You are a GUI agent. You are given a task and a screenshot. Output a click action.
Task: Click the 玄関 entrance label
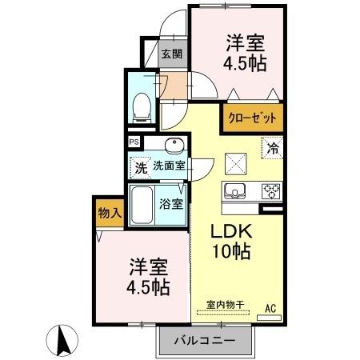[x=170, y=54]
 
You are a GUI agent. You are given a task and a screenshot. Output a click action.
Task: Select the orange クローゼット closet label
[x=253, y=118]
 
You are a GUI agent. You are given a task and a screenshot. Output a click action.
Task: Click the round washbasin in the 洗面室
[x=174, y=145]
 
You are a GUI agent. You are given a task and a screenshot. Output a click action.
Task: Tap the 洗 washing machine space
[x=139, y=168]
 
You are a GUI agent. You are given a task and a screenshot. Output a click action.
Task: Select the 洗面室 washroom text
[x=170, y=168]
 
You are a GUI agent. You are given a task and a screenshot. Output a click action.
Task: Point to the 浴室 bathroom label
[x=171, y=203]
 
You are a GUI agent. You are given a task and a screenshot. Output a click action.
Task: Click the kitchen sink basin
[x=235, y=190]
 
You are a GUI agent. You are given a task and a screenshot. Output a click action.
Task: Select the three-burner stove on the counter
[x=272, y=190]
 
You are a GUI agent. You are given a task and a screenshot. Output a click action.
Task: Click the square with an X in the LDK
[x=236, y=163]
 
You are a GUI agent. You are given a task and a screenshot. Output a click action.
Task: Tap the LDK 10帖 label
[x=231, y=240]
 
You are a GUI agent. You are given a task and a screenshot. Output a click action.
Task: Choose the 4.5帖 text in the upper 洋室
[x=244, y=62]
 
